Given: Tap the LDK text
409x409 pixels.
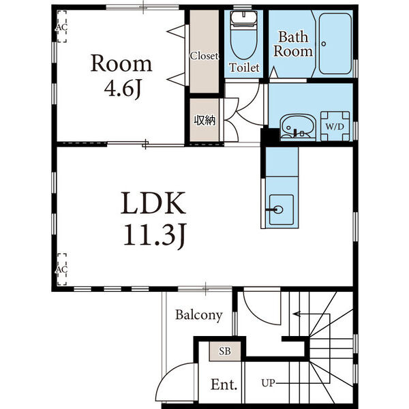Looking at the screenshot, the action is point(153,203).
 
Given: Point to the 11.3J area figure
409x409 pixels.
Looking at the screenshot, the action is point(155,234).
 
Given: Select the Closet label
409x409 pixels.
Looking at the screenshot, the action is point(204,56).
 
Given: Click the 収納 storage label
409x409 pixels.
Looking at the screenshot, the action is point(204,120).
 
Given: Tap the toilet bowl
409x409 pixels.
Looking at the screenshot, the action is point(243,35).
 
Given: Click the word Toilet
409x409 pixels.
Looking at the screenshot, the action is point(244,67).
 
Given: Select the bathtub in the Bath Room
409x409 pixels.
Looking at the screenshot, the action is point(335,44).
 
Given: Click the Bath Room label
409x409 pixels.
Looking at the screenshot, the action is point(293,44).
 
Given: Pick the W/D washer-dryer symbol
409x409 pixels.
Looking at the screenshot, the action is point(335,127).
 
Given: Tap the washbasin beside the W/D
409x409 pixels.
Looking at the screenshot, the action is point(298,127).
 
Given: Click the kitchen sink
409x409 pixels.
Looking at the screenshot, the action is point(281,209).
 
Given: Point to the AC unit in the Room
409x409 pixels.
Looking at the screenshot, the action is point(62,27).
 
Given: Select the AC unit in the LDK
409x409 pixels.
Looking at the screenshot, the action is point(62,269).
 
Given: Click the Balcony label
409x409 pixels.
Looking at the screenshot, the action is point(199,315).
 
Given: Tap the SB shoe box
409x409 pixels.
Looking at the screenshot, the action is point(225,351).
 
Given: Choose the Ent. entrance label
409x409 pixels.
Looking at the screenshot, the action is point(224,384).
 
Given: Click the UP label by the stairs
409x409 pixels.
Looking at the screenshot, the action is point(268,383).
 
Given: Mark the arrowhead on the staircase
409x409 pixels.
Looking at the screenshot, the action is point(296,314).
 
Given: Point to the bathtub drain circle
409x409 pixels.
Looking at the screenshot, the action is point(324,44).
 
